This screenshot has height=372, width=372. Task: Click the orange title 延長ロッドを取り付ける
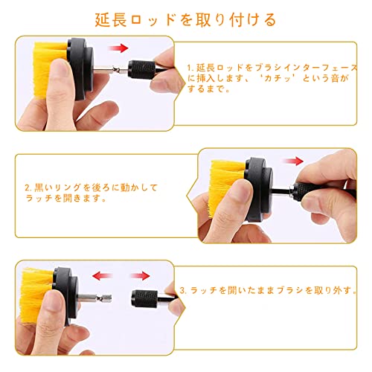pos(185,20)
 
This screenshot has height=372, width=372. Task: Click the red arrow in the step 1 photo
pos(118,48)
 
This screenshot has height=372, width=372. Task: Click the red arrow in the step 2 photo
pos(294,161)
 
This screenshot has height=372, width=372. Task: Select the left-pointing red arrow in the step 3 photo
pos(102,275)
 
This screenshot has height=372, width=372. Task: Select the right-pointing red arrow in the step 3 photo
pos(140,275)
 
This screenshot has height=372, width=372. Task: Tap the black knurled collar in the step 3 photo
pos(144,298)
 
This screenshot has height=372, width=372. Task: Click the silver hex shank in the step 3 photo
pos(94,297)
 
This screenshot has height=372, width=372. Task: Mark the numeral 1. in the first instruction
pos(190,68)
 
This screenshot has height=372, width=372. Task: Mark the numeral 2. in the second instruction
pos(28,187)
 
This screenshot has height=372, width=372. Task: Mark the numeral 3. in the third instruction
pos(183,290)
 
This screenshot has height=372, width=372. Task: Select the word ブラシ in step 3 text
pos(290,290)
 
